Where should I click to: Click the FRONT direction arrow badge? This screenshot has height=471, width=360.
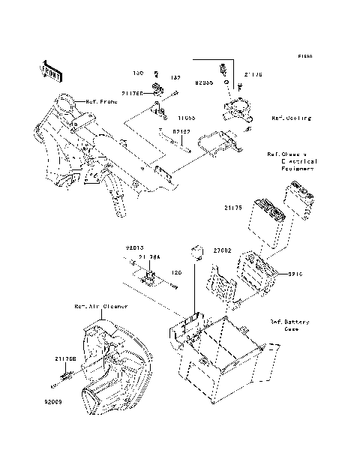click(x=50, y=70)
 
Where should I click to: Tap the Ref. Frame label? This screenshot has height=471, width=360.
click(x=101, y=101)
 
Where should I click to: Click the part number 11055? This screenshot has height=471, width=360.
click(x=186, y=117)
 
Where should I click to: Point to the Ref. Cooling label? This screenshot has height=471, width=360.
click(x=291, y=118)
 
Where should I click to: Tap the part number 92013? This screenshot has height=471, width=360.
click(x=133, y=247)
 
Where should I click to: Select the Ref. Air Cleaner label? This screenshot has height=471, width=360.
click(x=100, y=307)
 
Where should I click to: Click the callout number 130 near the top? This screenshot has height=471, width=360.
click(x=138, y=73)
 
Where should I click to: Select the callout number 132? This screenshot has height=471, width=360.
click(x=175, y=77)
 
